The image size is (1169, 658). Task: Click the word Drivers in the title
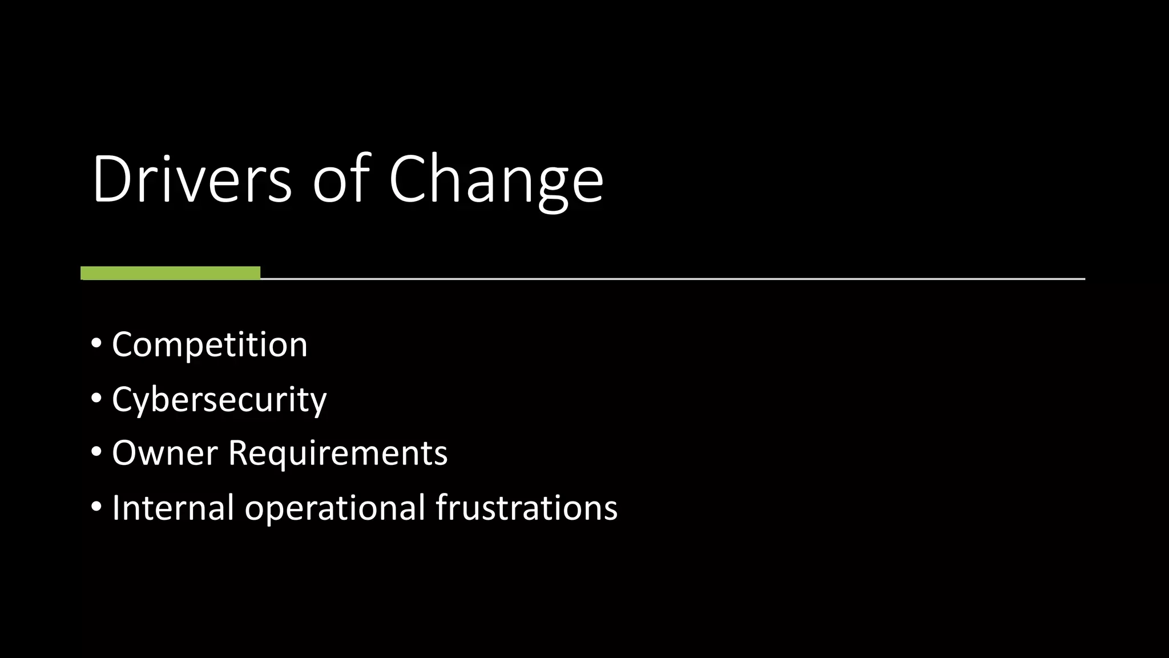(x=192, y=179)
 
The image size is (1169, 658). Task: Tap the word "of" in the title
(x=341, y=179)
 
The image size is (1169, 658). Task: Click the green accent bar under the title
(x=170, y=273)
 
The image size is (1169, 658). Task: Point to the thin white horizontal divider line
(x=672, y=279)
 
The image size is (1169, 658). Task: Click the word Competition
(x=209, y=345)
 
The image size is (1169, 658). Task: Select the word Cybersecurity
(x=219, y=400)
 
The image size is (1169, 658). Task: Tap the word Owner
(x=164, y=454)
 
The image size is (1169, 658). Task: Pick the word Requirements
(x=338, y=454)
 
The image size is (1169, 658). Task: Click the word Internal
(x=173, y=507)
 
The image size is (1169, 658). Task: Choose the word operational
(x=335, y=508)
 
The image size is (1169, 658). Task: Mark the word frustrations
(x=526, y=507)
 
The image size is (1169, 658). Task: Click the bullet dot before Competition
(x=96, y=344)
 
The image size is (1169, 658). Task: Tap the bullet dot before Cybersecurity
(x=96, y=398)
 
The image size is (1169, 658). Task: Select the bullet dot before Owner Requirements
(x=96, y=452)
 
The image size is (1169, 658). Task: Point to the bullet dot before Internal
(x=96, y=507)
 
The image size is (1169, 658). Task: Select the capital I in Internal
(x=116, y=507)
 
